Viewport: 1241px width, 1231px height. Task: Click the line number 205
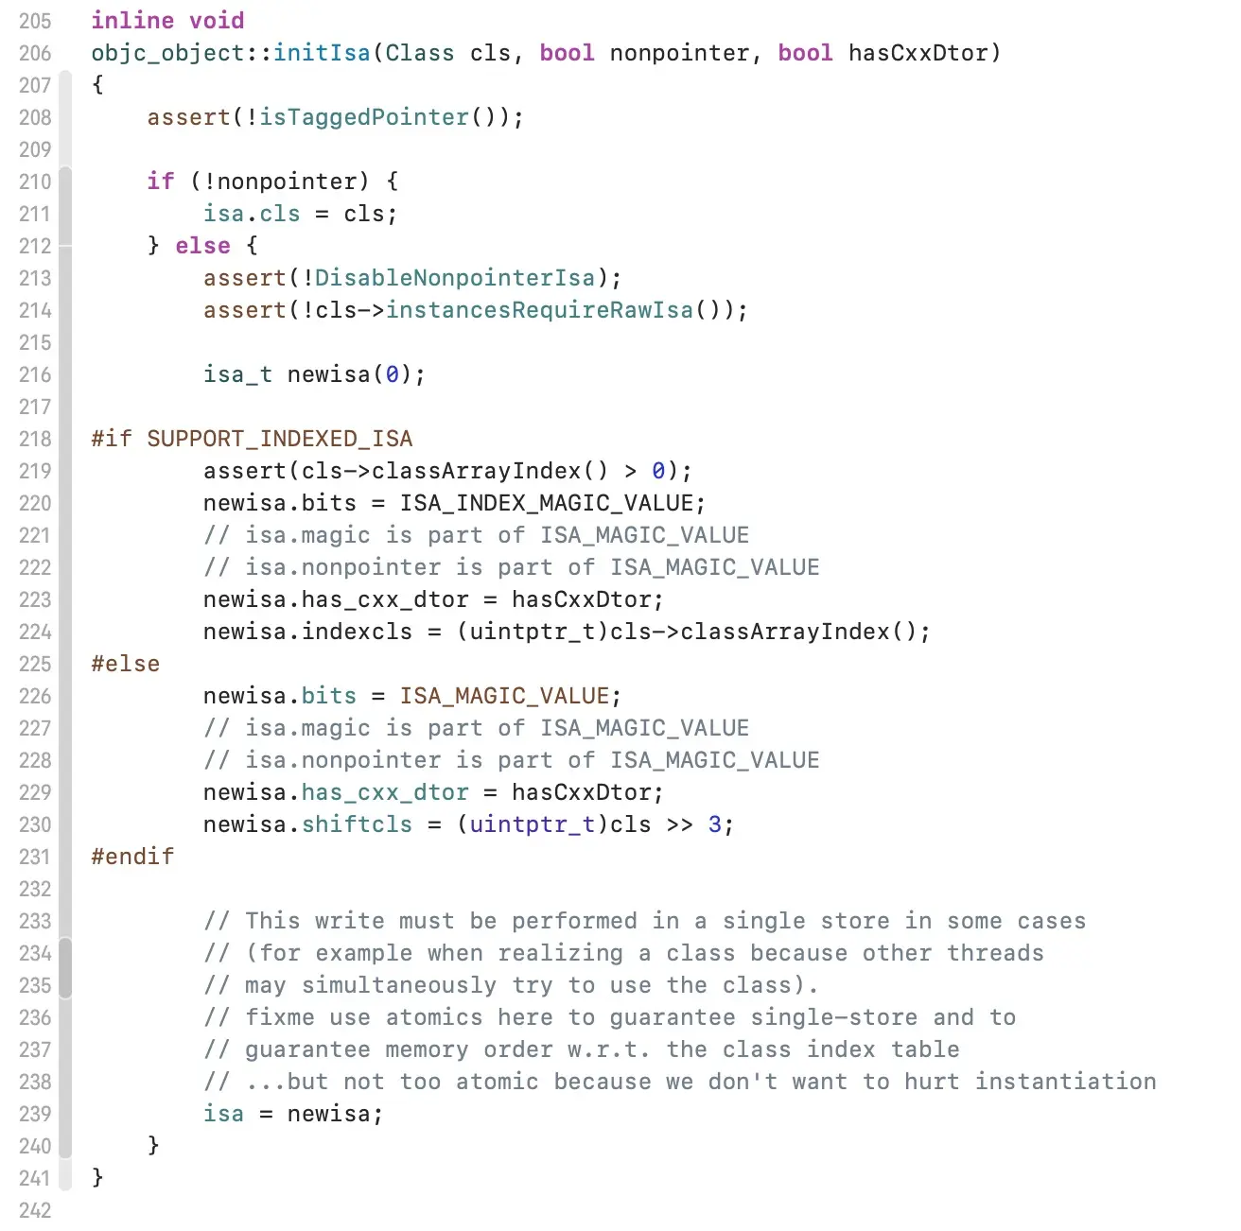35,21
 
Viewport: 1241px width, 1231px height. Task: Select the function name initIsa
322,53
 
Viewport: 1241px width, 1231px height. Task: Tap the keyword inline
132,21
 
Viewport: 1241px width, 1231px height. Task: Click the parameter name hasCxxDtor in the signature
918,53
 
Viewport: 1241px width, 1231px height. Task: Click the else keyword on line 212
202,246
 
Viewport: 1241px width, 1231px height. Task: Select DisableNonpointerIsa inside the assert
455,278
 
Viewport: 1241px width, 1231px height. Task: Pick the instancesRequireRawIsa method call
539,310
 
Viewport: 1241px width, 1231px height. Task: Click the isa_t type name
237,374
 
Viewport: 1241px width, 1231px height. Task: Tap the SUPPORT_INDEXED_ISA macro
280,439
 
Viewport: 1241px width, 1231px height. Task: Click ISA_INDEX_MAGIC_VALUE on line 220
547,503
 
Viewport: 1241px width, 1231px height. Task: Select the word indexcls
357,632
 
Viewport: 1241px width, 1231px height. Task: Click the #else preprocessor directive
126,664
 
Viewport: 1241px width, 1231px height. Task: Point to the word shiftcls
357,824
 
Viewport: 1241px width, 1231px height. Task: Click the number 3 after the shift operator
715,824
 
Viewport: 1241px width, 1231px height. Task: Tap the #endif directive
132,857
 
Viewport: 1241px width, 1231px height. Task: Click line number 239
35,1114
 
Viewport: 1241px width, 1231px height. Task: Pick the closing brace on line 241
97,1178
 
